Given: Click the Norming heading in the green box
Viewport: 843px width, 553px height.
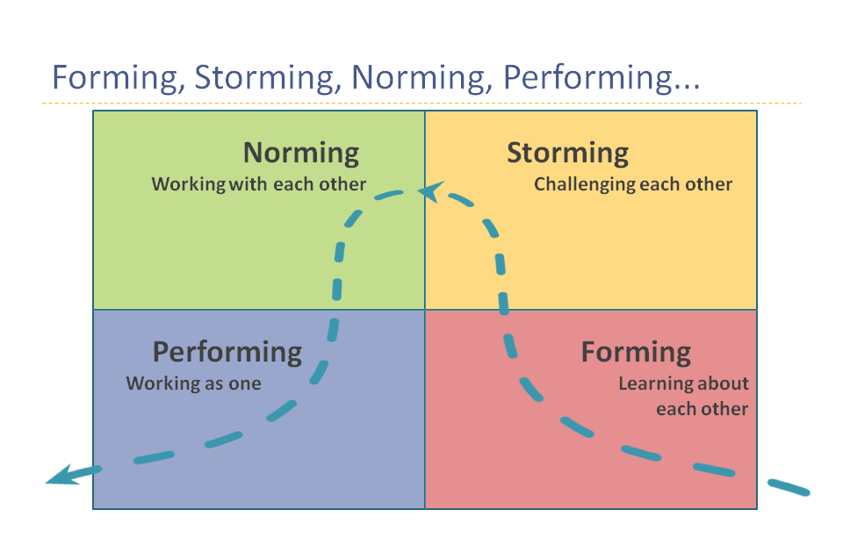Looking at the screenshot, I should [x=301, y=153].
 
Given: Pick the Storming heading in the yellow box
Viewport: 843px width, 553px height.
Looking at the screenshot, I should [x=567, y=153].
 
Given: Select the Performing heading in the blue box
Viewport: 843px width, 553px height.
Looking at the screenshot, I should [x=227, y=352].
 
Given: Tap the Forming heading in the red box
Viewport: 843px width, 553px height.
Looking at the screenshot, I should [x=636, y=352].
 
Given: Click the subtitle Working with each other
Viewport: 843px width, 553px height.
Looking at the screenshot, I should [x=258, y=184].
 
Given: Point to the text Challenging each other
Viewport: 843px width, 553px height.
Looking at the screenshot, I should [x=632, y=184].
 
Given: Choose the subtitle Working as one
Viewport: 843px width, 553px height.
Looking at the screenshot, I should [x=193, y=384].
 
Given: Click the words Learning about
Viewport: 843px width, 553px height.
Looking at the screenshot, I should [x=683, y=384].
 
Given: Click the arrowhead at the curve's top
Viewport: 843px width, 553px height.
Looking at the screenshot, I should [x=429, y=190].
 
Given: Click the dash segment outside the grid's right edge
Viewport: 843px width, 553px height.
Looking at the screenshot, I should [x=789, y=486].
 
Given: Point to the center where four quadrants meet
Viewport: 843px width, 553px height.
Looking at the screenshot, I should [x=425, y=309].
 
